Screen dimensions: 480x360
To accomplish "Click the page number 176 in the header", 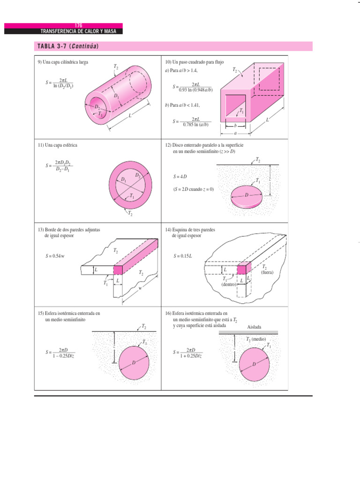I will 78,25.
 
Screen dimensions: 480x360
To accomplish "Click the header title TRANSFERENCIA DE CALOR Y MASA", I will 78,31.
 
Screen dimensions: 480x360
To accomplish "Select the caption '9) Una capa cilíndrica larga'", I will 63,62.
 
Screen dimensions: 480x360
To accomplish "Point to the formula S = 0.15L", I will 183,256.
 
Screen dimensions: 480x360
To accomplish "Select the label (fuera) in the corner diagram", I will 267,272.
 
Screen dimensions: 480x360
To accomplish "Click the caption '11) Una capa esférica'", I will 57,145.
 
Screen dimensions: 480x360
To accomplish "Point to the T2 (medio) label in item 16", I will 256,338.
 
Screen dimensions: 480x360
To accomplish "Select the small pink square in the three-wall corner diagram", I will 241,270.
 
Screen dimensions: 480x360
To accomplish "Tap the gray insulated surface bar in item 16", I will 248,332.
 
